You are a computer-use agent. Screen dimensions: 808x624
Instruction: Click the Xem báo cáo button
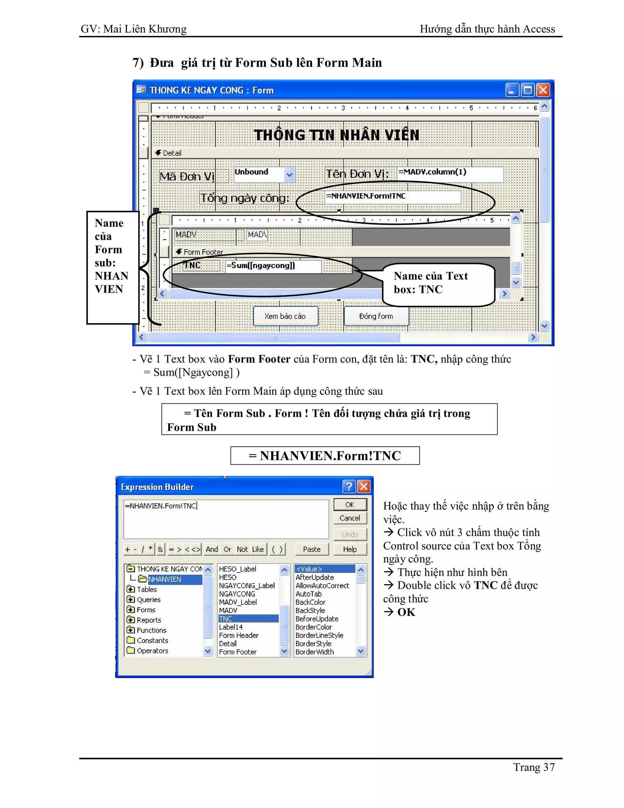[x=285, y=316]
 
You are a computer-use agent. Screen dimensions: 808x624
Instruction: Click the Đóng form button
[x=376, y=316]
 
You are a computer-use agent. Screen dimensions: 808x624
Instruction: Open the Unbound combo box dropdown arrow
[x=289, y=175]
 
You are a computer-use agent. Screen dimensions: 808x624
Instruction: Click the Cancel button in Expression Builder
[x=350, y=518]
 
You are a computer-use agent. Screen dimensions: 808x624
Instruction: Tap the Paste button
[x=312, y=549]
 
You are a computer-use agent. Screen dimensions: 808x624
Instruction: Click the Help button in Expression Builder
[x=350, y=549]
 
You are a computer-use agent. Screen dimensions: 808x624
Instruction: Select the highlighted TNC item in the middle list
[x=248, y=619]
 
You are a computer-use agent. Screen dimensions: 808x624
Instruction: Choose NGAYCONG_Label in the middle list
[x=246, y=586]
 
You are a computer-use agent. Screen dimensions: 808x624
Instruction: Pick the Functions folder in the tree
[x=151, y=630]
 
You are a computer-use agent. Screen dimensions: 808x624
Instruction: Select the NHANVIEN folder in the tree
[x=165, y=579]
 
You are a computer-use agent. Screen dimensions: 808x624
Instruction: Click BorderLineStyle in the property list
[x=319, y=635]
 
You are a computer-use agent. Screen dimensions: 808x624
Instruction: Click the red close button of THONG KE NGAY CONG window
[x=543, y=90]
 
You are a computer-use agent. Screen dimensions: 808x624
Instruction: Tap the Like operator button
[x=258, y=549]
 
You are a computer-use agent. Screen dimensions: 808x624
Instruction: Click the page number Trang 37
[x=534, y=767]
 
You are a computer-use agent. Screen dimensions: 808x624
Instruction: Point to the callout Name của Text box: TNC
[x=438, y=283]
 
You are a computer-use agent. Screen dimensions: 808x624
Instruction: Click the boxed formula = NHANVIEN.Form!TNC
[x=325, y=456]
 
